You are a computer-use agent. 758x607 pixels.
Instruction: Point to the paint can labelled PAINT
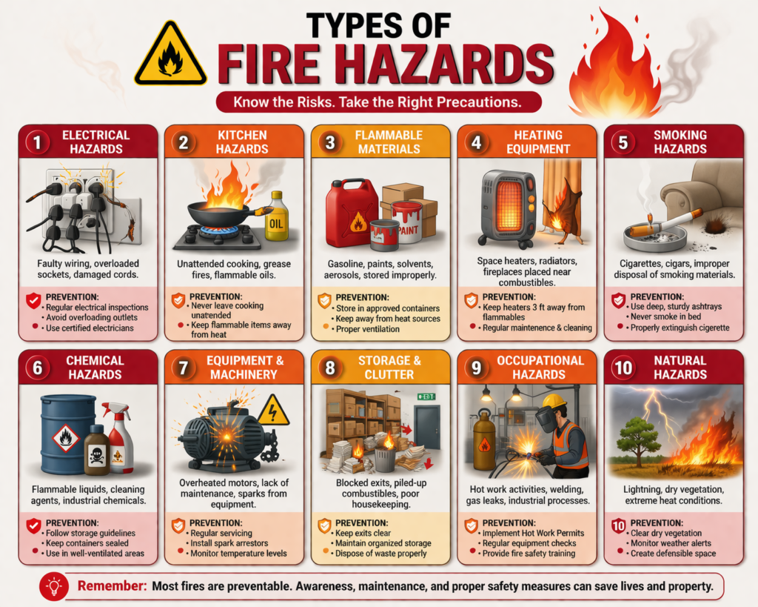406,220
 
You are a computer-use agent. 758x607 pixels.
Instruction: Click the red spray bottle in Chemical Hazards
119,439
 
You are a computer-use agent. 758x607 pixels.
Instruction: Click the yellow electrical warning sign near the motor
273,410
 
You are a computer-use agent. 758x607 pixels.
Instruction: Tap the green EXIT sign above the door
426,397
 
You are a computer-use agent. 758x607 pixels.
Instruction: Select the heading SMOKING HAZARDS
680,142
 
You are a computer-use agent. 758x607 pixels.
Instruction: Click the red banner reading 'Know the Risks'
378,102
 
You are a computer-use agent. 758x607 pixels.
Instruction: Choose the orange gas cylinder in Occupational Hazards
484,442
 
